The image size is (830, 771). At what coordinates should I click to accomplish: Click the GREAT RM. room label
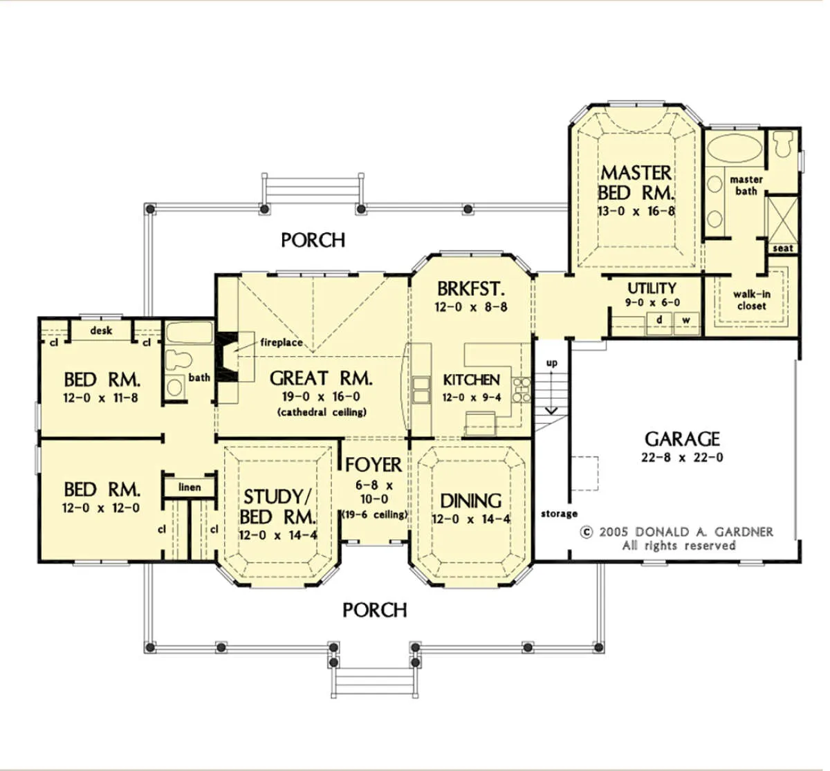click(320, 378)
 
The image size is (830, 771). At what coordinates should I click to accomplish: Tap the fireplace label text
click(282, 343)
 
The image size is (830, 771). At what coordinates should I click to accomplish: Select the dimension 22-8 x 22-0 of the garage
click(682, 457)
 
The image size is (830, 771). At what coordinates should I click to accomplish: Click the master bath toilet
click(782, 144)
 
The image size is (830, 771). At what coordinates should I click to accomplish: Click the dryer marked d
click(659, 324)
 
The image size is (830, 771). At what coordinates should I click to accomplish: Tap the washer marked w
click(686, 324)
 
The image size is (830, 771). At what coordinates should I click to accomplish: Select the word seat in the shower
click(783, 248)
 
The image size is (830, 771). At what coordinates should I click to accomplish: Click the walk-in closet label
click(751, 300)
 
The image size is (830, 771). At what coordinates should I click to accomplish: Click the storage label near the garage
click(559, 514)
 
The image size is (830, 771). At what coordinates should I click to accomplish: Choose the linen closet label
click(190, 487)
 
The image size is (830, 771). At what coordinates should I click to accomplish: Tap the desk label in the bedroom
click(101, 331)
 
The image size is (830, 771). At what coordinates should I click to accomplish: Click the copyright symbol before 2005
click(587, 532)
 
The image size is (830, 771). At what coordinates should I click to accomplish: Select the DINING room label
click(470, 501)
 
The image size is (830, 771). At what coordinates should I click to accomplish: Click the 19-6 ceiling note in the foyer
click(374, 515)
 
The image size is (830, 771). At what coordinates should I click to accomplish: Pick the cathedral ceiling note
click(322, 412)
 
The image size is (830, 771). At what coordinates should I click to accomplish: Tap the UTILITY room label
click(652, 288)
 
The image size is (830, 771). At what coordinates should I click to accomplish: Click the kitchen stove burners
click(521, 390)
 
